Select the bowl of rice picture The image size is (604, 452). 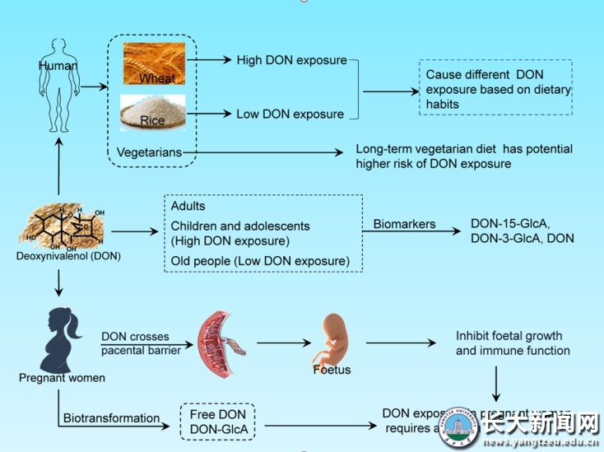151,112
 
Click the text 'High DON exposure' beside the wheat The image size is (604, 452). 291,60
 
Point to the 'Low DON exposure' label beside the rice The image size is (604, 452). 290,114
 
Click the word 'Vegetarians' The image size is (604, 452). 148,152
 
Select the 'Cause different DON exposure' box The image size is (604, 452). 494,88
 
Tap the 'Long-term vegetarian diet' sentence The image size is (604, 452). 463,156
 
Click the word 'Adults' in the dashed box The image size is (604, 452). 188,206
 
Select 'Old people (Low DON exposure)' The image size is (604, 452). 260,261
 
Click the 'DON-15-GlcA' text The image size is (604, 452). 509,223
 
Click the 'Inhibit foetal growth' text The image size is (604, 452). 509,336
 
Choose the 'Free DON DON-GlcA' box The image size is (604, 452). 218,421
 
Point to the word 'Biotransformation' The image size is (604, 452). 111,417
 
